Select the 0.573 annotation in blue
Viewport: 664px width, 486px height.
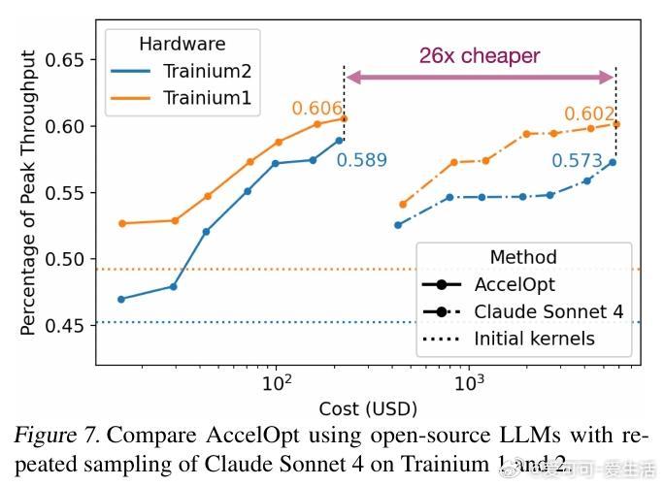tap(578, 161)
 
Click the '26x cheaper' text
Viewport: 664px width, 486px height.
tap(480, 56)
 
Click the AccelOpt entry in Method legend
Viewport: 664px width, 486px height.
tap(515, 285)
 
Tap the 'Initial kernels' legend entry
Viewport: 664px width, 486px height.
tap(534, 339)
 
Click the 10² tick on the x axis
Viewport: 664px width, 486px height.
tap(278, 384)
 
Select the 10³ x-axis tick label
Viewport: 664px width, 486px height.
tap(470, 384)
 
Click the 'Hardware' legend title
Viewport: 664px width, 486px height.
tap(182, 44)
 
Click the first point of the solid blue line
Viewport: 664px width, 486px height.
tap(121, 299)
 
